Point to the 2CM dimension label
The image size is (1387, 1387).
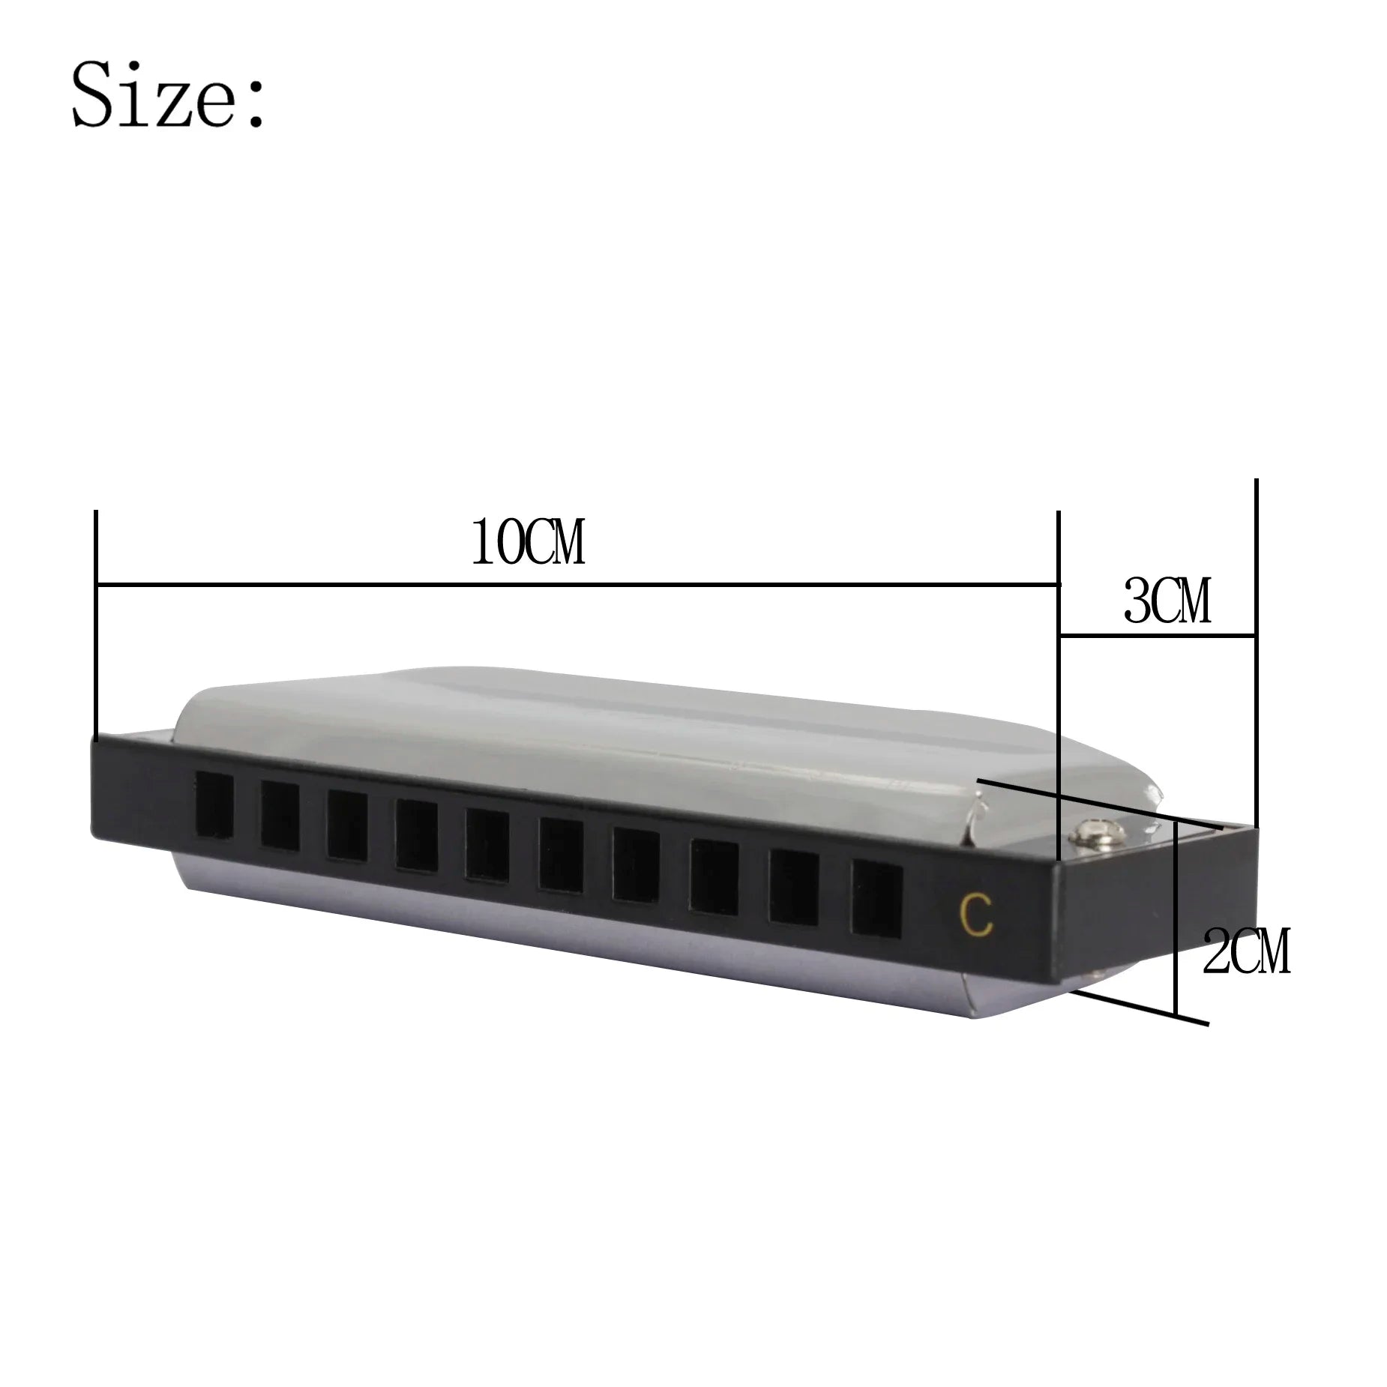1247,951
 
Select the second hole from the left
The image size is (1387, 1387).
280,815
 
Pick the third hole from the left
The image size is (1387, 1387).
347,826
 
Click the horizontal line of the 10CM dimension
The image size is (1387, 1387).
577,583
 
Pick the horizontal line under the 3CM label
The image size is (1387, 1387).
1156,637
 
